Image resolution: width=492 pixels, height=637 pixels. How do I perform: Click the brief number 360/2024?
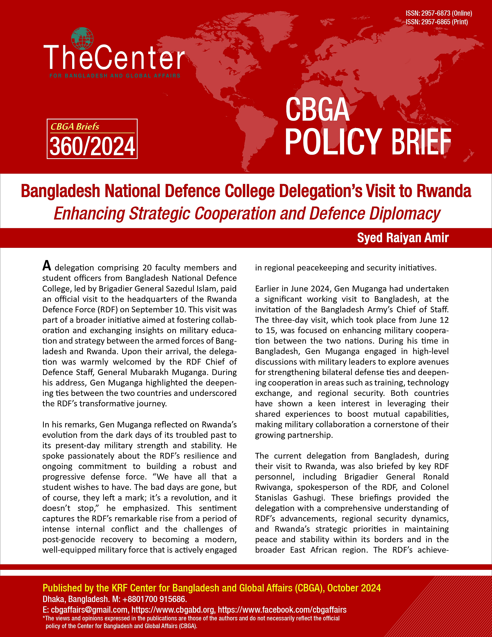coord(92,146)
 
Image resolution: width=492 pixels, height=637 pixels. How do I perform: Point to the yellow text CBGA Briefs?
coord(75,127)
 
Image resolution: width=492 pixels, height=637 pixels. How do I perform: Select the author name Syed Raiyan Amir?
coord(403,238)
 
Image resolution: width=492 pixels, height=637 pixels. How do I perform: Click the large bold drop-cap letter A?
coord(47,266)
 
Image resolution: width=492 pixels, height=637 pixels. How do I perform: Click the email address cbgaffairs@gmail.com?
coord(89,610)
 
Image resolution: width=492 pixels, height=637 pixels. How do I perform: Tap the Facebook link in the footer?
coord(282,610)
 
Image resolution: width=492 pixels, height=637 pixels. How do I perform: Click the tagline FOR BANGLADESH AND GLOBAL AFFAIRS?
coord(115,76)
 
